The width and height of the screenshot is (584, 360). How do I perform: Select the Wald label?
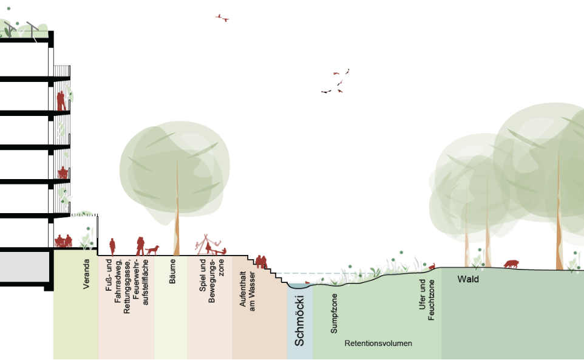click(468, 279)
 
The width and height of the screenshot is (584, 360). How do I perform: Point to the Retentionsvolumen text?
click(378, 344)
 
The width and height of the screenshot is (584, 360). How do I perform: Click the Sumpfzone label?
click(334, 313)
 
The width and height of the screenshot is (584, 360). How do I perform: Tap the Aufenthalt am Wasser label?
click(247, 290)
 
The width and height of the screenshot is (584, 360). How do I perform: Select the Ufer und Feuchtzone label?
click(427, 299)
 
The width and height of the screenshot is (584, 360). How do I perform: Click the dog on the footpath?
click(152, 249)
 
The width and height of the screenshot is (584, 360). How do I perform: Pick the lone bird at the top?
click(222, 18)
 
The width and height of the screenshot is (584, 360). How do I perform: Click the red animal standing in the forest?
click(511, 263)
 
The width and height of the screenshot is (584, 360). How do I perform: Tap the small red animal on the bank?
click(432, 266)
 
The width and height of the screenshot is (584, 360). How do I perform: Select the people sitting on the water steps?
click(260, 262)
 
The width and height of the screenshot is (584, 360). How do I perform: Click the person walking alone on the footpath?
click(112, 246)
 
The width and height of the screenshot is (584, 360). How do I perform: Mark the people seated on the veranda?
click(64, 241)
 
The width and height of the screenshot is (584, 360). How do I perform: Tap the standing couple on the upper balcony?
click(61, 101)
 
